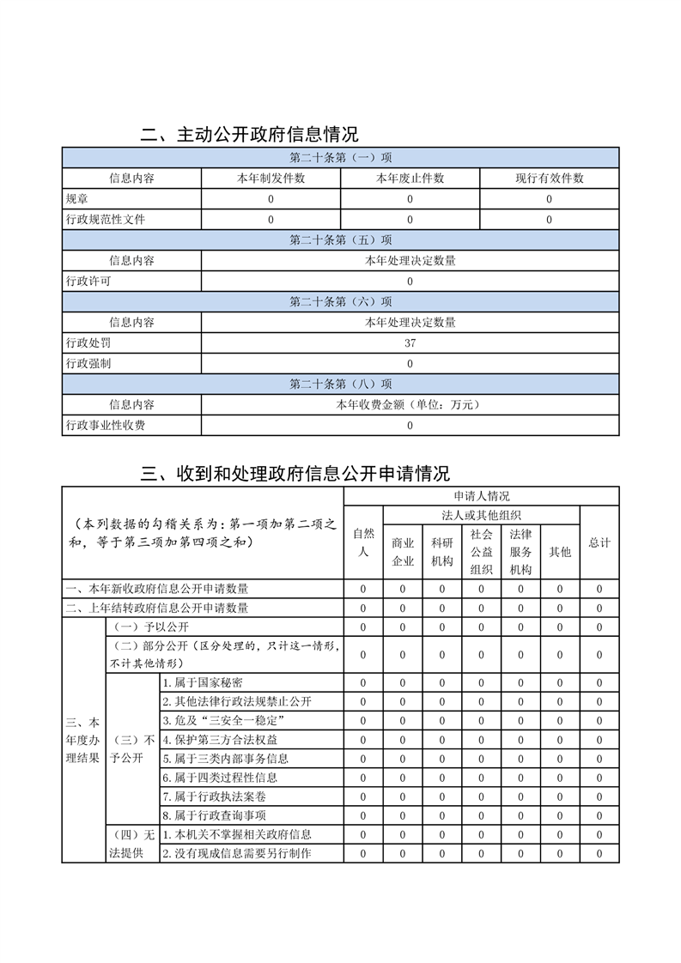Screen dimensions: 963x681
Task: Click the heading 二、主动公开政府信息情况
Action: (250, 135)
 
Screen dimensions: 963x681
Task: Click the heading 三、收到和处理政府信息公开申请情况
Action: (295, 474)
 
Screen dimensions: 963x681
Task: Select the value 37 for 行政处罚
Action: (410, 343)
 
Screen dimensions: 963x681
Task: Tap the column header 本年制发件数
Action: (271, 179)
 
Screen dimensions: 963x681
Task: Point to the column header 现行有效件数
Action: (549, 179)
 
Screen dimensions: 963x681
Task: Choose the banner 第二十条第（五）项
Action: (340, 240)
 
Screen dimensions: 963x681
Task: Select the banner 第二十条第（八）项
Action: (340, 385)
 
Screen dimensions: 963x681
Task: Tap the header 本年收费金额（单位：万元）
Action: (410, 405)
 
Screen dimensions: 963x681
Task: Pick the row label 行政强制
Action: (88, 364)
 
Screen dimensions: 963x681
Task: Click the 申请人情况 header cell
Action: (481, 496)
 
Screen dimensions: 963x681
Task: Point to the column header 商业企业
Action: (403, 552)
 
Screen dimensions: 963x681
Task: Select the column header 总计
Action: (599, 542)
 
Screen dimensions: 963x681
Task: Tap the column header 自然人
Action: (363, 542)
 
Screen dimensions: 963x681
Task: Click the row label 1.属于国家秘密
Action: (202, 683)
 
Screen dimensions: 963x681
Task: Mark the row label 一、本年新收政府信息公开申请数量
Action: (157, 589)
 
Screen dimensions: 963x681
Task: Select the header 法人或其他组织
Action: (481, 515)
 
